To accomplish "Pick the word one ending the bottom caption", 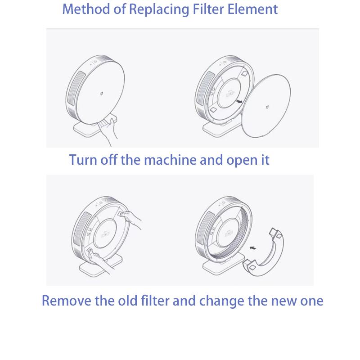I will (x=312, y=301).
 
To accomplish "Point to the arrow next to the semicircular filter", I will (x=254, y=247).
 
